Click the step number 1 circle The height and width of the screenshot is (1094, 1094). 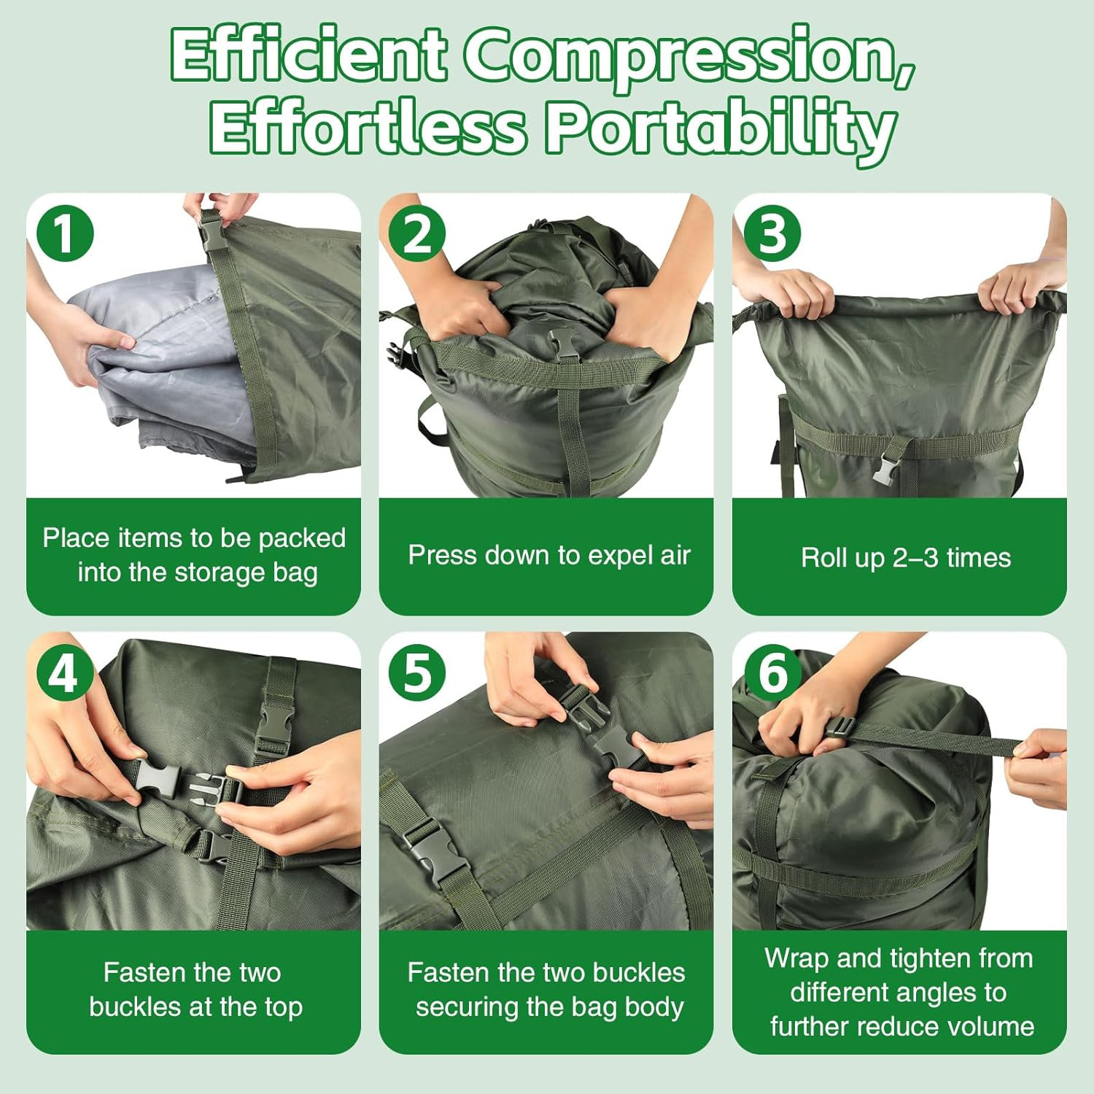click(65, 234)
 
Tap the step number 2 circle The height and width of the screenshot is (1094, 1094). click(417, 234)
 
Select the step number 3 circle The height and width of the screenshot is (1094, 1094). click(772, 234)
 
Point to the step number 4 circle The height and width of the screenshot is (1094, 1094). click(63, 672)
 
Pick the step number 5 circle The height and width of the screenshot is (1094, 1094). click(417, 672)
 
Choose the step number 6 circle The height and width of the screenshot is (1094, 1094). click(772, 672)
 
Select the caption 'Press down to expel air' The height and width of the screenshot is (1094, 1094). click(548, 556)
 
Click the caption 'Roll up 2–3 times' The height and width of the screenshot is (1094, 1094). click(905, 558)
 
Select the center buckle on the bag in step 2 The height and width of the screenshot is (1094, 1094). click(563, 344)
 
